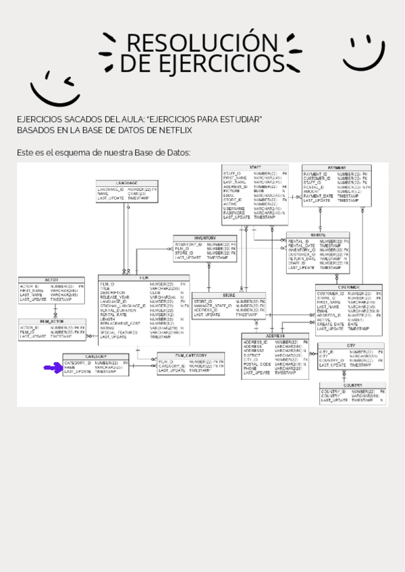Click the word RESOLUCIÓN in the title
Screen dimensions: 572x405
click(x=193, y=42)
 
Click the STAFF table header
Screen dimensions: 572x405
click(x=255, y=167)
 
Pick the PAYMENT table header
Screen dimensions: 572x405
click(x=337, y=167)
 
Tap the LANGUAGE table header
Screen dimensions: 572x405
click(x=127, y=183)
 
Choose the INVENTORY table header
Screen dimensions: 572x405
click(x=205, y=238)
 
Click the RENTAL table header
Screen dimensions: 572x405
click(x=318, y=235)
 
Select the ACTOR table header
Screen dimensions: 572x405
click(x=51, y=279)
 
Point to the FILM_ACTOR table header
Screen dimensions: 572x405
click(x=51, y=322)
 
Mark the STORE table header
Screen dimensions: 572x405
click(x=229, y=295)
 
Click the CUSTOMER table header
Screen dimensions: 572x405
click(x=348, y=287)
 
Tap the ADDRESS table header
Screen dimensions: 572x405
click(x=275, y=336)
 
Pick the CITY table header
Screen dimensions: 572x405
click(x=351, y=345)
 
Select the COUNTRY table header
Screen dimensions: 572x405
click(x=352, y=385)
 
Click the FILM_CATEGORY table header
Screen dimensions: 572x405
click(x=190, y=355)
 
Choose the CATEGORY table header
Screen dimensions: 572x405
click(x=95, y=356)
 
